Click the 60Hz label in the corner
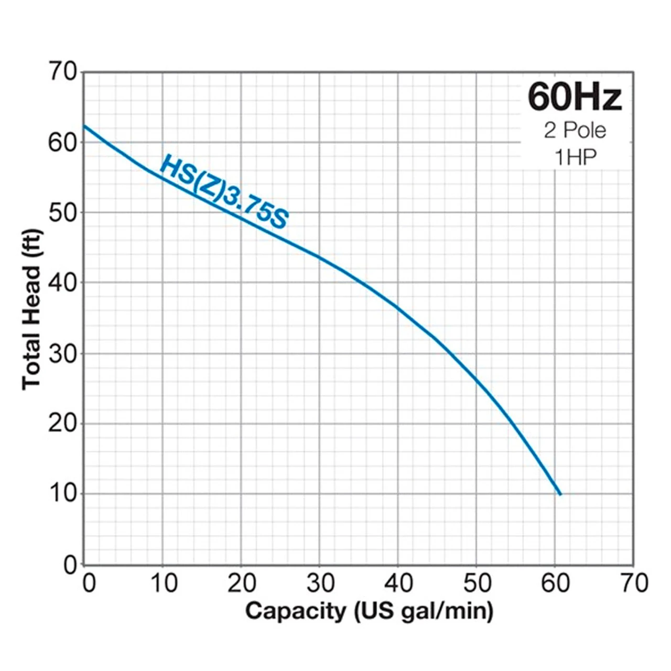[x=575, y=98]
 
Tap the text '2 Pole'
[x=575, y=131]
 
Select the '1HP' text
[x=575, y=157]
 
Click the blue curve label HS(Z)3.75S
[x=224, y=192]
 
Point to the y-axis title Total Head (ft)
[x=31, y=309]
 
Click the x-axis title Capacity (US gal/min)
[x=369, y=611]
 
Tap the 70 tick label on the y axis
[x=63, y=71]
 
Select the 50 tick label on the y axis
[x=63, y=212]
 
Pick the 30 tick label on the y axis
[x=63, y=354]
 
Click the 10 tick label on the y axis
[x=63, y=493]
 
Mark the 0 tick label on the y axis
[x=70, y=565]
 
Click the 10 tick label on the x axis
[x=163, y=583]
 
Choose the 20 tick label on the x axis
[x=242, y=583]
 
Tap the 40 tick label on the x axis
[x=398, y=583]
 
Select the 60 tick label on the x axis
[x=555, y=583]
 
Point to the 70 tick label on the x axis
[x=634, y=583]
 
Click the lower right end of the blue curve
[x=560, y=494]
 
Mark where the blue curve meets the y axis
[x=84, y=125]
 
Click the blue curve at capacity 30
[x=319, y=257]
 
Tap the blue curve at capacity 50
[x=477, y=378]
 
